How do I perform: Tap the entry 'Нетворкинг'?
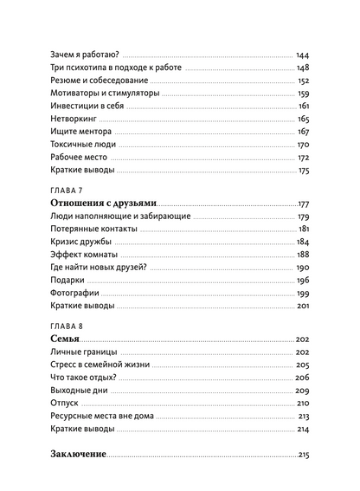coord(74,119)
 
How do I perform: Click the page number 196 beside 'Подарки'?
coord(303,281)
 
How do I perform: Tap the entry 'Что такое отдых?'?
coord(88,378)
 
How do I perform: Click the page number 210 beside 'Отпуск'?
coord(303,404)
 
